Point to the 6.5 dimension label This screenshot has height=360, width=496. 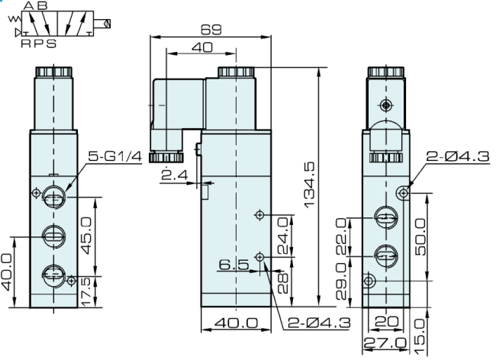pos(233,265)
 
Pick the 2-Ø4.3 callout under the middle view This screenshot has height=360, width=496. pos(315,323)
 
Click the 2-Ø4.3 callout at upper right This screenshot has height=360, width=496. pos(456,158)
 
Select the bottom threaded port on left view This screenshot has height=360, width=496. pos(53,272)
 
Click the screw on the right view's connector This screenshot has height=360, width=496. pos(388,104)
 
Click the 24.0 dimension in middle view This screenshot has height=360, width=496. pos(284,236)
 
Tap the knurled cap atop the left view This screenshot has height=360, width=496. pos(53,74)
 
